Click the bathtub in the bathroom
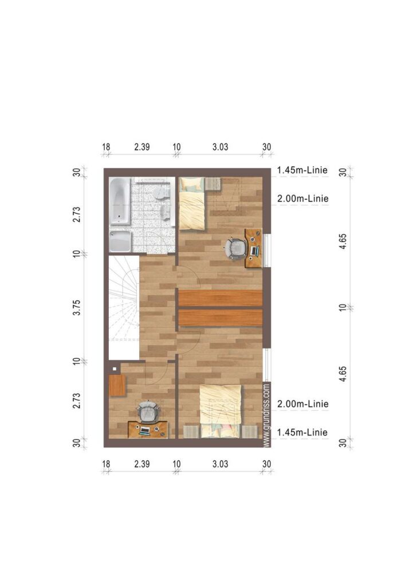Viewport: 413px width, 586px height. [120, 201]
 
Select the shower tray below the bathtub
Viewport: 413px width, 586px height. [120, 241]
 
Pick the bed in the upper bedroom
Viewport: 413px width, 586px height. [192, 203]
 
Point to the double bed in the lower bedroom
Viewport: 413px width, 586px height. [221, 411]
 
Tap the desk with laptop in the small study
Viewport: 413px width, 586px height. [148, 429]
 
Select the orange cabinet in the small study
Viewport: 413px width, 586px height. [117, 385]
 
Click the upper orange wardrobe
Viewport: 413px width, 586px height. [221, 298]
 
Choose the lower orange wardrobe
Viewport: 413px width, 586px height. [221, 318]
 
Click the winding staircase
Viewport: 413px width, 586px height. [124, 307]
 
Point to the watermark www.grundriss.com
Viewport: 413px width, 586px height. [266, 415]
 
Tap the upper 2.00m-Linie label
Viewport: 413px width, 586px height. [302, 199]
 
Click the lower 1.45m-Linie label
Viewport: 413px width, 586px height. [302, 433]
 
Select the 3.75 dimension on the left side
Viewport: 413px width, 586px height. [77, 307]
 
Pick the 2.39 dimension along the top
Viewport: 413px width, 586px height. [142, 147]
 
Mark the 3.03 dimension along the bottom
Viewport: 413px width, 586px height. [221, 464]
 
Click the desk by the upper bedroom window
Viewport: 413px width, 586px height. [253, 248]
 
